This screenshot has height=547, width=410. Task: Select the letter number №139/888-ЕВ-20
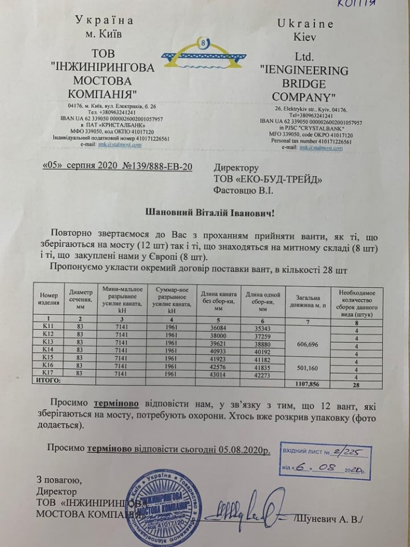156,166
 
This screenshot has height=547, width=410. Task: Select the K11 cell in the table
49,328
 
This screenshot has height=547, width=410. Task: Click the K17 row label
49,373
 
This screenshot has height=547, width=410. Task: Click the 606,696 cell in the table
305,343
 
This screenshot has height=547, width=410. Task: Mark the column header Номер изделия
50,299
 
